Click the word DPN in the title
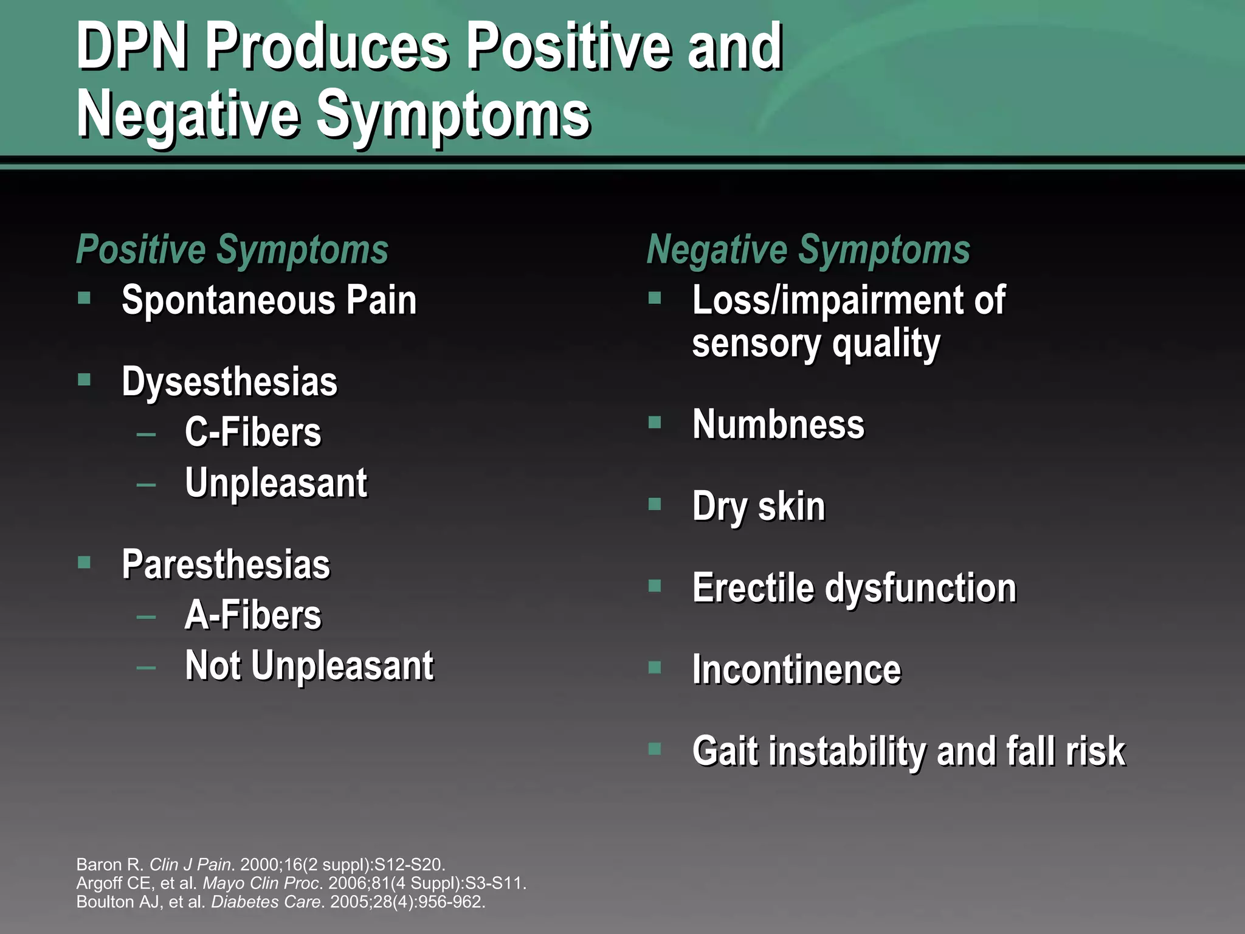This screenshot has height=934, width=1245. [x=131, y=47]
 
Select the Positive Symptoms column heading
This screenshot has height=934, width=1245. [x=232, y=249]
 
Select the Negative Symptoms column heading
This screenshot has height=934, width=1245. [x=808, y=249]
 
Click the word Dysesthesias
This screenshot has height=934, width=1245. [x=229, y=382]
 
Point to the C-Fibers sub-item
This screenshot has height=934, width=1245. [x=253, y=432]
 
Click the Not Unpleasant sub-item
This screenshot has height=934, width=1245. [x=309, y=665]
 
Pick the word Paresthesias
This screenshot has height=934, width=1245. [x=226, y=564]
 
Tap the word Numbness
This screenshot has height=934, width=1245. [x=778, y=424]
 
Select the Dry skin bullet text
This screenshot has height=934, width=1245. [x=759, y=506]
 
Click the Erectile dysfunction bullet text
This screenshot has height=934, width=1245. [x=854, y=588]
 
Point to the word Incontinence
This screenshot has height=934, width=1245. [x=796, y=669]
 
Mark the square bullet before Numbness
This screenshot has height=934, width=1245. [x=654, y=422]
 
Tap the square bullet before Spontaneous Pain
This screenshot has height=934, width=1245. [x=84, y=298]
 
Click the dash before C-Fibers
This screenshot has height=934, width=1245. [x=146, y=434]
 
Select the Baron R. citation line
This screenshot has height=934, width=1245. [x=260, y=864]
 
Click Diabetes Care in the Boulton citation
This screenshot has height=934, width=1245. [x=264, y=901]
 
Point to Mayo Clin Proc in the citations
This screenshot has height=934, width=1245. [x=260, y=883]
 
